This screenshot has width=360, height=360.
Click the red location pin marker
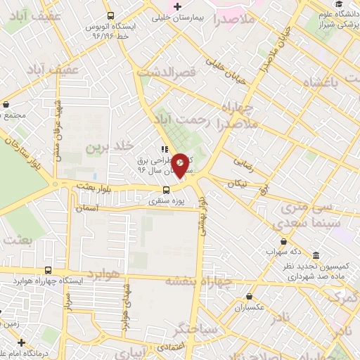[x=181, y=165]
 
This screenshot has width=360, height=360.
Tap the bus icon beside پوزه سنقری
[x=166, y=189]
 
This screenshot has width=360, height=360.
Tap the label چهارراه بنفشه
[x=198, y=280]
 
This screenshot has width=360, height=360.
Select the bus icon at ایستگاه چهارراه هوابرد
[x=48, y=271]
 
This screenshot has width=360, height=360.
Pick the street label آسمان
[x=103, y=210]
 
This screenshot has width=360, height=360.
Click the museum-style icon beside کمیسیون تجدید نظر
[x=316, y=255]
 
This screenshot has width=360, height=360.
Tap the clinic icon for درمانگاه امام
[x=22, y=342]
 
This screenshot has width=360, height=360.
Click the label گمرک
[x=345, y=300]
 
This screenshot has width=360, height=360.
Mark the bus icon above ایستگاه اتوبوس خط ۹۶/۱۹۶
[x=110, y=15]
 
